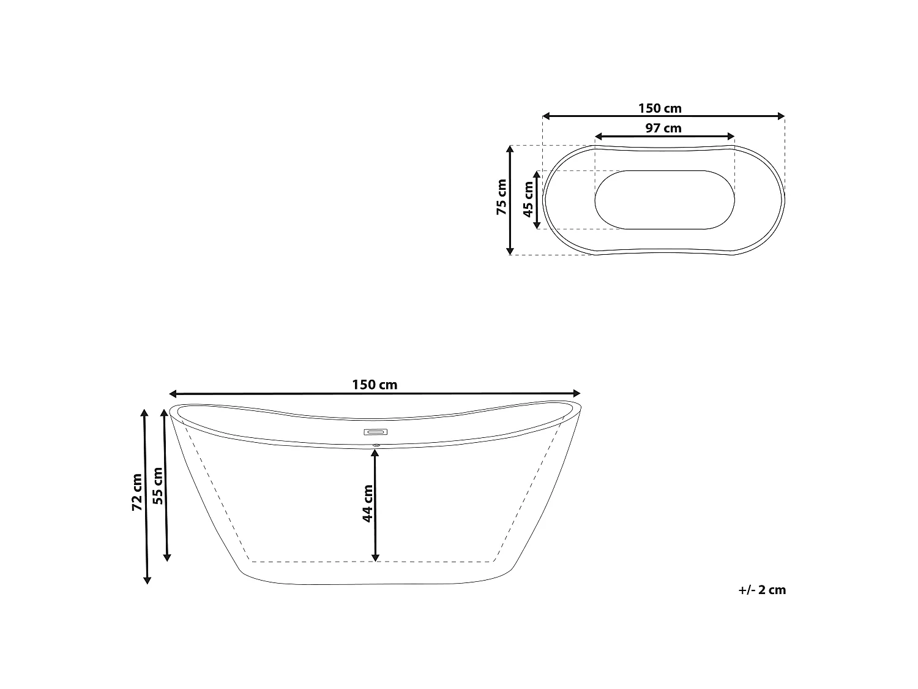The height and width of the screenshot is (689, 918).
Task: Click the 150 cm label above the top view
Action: (660, 108)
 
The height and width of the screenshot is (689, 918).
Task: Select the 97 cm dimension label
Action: (663, 128)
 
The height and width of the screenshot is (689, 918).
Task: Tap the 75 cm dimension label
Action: (501, 197)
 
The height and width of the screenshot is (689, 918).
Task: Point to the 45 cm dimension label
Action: (528, 199)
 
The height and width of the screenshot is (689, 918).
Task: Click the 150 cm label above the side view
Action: (375, 385)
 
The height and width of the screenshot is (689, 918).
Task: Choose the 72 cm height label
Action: (136, 492)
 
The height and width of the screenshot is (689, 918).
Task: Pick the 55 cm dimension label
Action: (158, 486)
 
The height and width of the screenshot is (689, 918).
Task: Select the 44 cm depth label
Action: (367, 503)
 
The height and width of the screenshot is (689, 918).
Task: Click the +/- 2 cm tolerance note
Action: (762, 590)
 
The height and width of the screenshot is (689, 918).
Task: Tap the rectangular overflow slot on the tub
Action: (376, 432)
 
